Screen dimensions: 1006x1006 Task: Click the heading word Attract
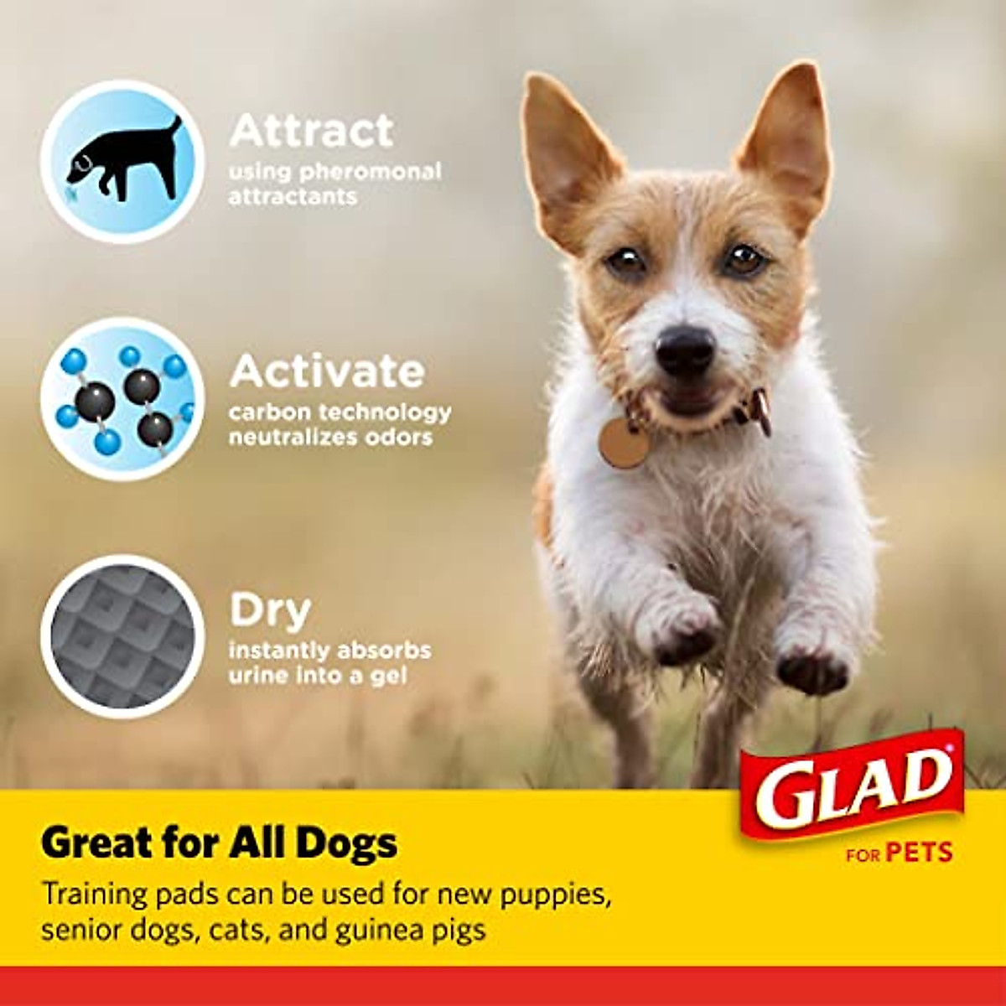coord(311,131)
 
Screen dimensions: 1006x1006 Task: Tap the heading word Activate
coord(327,371)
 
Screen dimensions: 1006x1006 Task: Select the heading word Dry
coord(270,611)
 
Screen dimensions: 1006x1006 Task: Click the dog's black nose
coord(685,347)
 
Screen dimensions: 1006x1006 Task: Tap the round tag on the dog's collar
coord(624,442)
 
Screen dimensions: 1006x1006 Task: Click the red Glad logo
coord(851,784)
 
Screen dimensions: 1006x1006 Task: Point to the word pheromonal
coord(371,172)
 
